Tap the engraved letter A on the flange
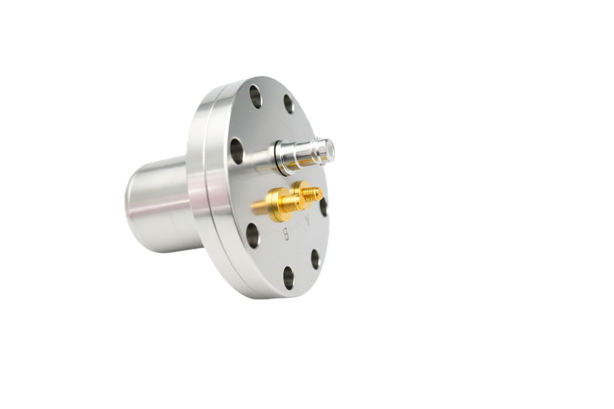(308, 220)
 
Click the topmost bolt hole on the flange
(255, 96)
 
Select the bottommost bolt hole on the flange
(288, 278)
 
